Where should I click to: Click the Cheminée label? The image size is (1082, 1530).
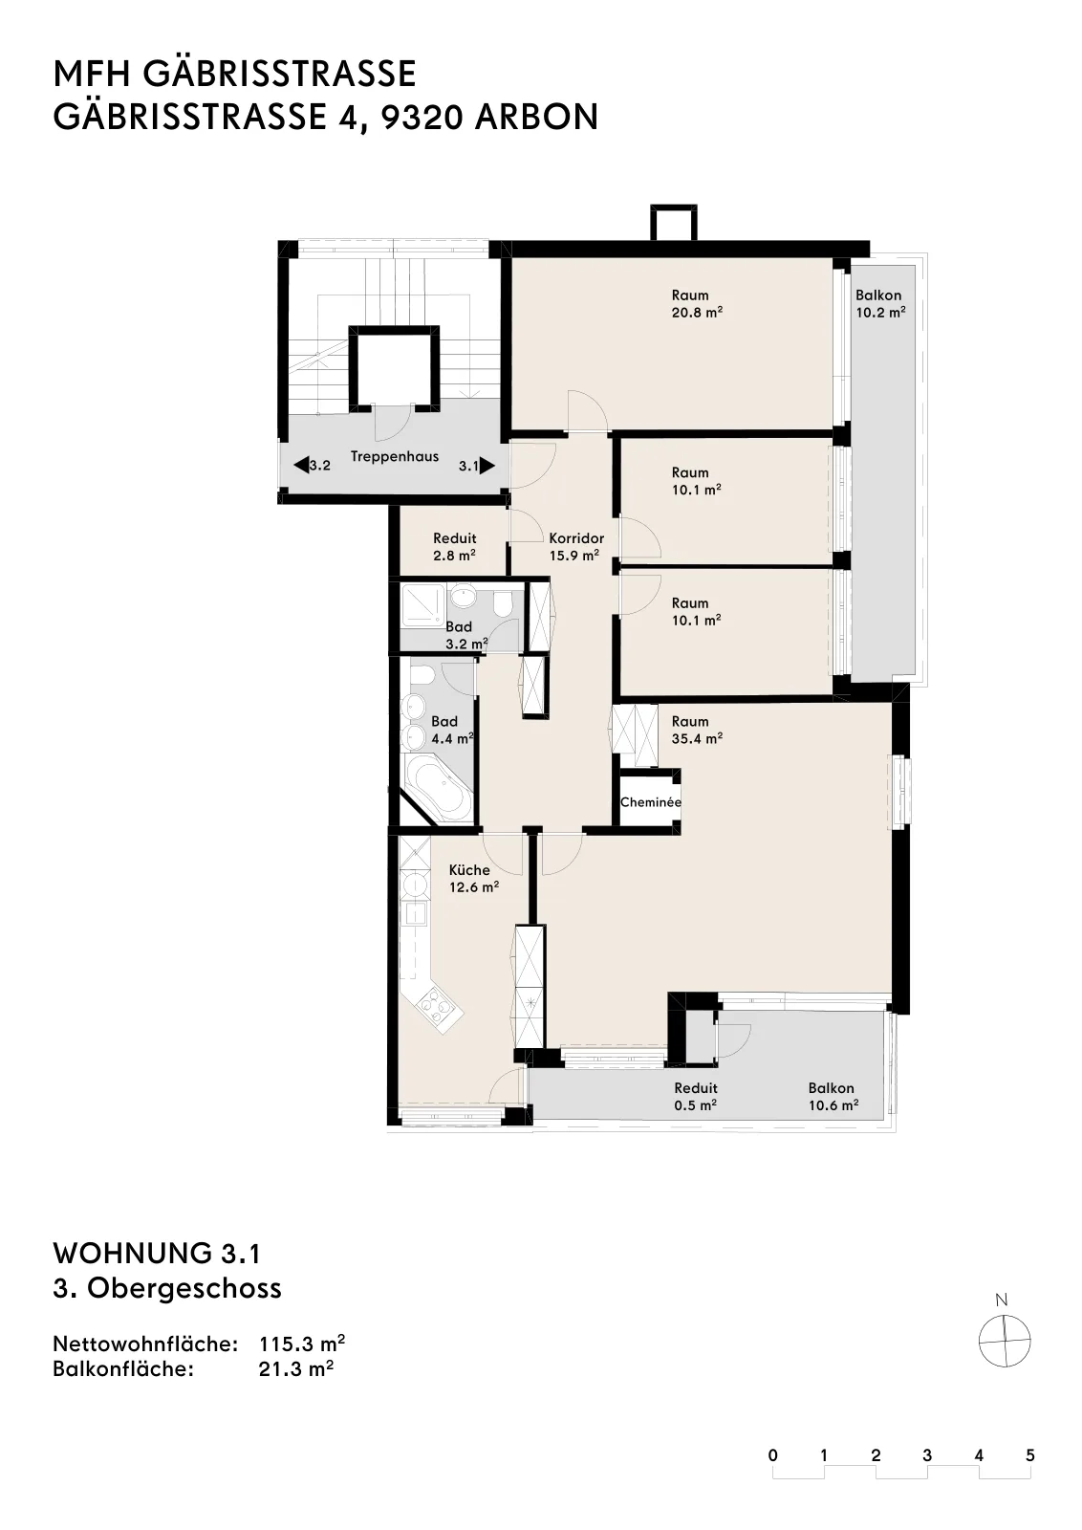651,802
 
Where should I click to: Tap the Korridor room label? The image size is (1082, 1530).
576,538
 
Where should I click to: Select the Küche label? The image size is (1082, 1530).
469,869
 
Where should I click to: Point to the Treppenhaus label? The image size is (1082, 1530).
395,456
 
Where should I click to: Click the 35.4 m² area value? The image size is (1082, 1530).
697,738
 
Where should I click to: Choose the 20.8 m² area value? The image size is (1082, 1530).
697,312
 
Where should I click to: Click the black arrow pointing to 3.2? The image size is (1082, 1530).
301,466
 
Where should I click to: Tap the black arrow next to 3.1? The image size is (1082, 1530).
487,466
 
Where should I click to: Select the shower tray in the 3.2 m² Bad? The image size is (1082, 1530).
423,606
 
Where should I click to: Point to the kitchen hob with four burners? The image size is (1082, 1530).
436,1008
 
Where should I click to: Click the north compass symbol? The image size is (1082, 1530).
1005,1341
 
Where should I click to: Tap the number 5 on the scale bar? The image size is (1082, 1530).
1030,1454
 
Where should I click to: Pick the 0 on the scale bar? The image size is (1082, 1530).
772,1454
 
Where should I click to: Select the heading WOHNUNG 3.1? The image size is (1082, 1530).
157,1254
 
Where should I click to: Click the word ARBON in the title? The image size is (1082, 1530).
536,117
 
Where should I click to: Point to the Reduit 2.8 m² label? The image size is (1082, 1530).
455,546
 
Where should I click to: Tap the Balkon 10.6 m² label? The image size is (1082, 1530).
833,1096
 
